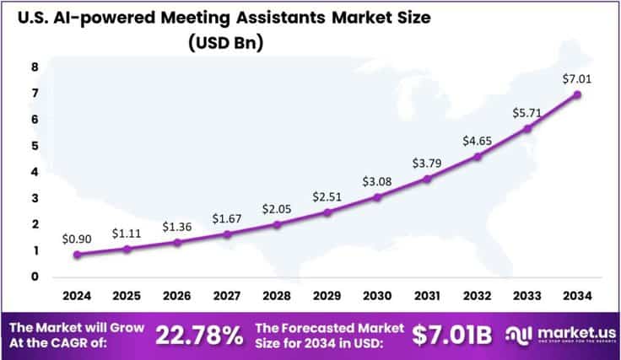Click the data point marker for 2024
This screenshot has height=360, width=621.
tap(77, 255)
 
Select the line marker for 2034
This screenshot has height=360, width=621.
tap(578, 94)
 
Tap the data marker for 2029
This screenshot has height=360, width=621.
tap(327, 212)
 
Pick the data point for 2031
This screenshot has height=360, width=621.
tap(428, 179)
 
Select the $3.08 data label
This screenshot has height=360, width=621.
tap(376, 181)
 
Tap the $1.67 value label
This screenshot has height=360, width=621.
tap(227, 219)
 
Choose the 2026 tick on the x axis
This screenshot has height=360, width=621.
tap(177, 296)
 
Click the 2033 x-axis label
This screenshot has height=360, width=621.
tap(528, 296)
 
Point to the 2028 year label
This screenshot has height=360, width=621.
tap(278, 296)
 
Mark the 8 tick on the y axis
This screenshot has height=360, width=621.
tap(35, 67)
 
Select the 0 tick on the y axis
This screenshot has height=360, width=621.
tap(35, 277)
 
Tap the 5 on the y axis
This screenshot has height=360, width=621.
tap(35, 145)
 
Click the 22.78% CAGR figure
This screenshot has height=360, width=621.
tap(200, 335)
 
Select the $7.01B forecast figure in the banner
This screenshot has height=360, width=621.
tap(451, 335)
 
